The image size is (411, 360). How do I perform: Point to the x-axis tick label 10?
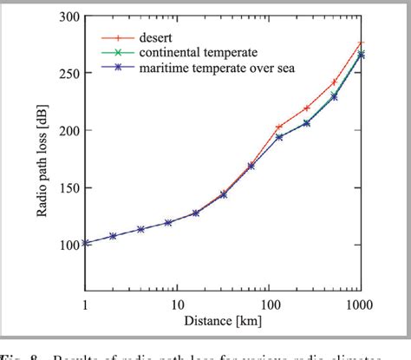[x=177, y=305]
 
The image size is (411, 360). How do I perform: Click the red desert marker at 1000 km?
[x=361, y=43]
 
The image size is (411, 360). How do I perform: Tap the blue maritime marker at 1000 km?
[x=361, y=55]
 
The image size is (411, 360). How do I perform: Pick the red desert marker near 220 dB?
[x=306, y=108]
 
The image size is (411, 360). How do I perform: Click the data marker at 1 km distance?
[x=85, y=243]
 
